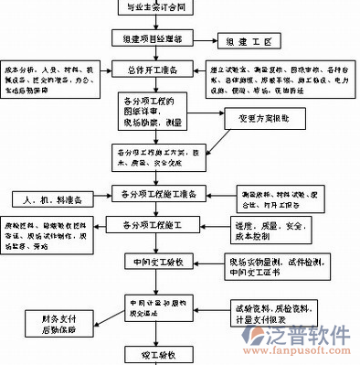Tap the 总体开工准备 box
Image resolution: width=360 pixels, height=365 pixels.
[157, 70]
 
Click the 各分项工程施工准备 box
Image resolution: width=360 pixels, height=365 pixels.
[158, 194]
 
